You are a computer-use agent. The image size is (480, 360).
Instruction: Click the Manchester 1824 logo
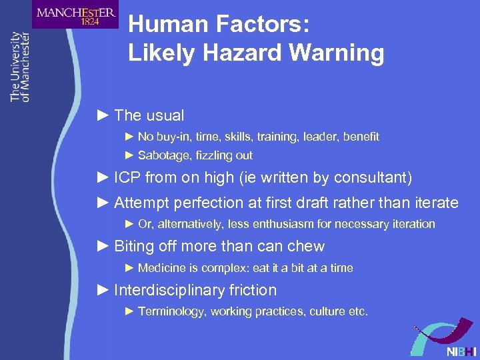point(75,15)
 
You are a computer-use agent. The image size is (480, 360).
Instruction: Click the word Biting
point(134,246)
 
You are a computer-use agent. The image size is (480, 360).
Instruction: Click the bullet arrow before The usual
point(102,115)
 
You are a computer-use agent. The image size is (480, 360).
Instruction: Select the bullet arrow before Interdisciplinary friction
point(102,290)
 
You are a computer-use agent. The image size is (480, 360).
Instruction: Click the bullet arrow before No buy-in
point(130,137)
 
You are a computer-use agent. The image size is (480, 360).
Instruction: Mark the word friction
point(253,290)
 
